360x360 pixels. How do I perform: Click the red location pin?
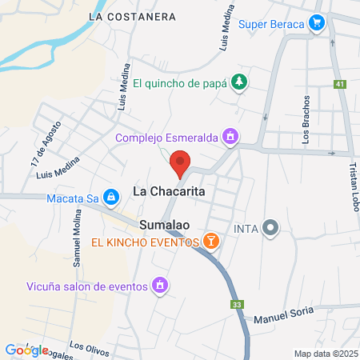(180, 162)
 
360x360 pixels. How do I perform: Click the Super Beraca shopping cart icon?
(318, 23)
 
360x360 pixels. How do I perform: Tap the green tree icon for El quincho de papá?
(238, 82)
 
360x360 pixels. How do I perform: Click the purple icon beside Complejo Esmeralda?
(230, 137)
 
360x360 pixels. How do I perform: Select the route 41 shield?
(341, 84)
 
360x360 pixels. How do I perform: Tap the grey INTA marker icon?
(271, 229)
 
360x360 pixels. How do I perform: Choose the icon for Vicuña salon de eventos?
(160, 286)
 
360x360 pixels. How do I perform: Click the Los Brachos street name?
(306, 124)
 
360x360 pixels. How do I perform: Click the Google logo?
(26, 350)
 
